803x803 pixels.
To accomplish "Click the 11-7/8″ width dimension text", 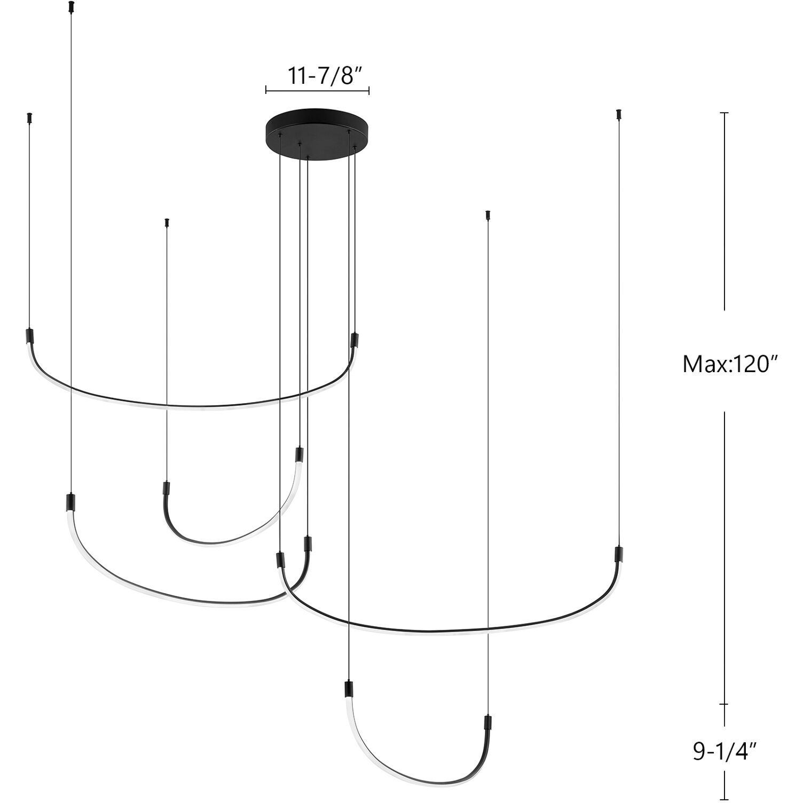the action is coord(321,76).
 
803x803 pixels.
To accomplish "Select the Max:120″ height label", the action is coord(728,365).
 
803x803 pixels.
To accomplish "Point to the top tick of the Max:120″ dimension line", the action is coord(724,113).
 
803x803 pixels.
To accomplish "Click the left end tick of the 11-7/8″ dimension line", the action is coord(266,90).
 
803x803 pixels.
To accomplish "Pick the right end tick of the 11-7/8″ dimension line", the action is coord(369,90).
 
